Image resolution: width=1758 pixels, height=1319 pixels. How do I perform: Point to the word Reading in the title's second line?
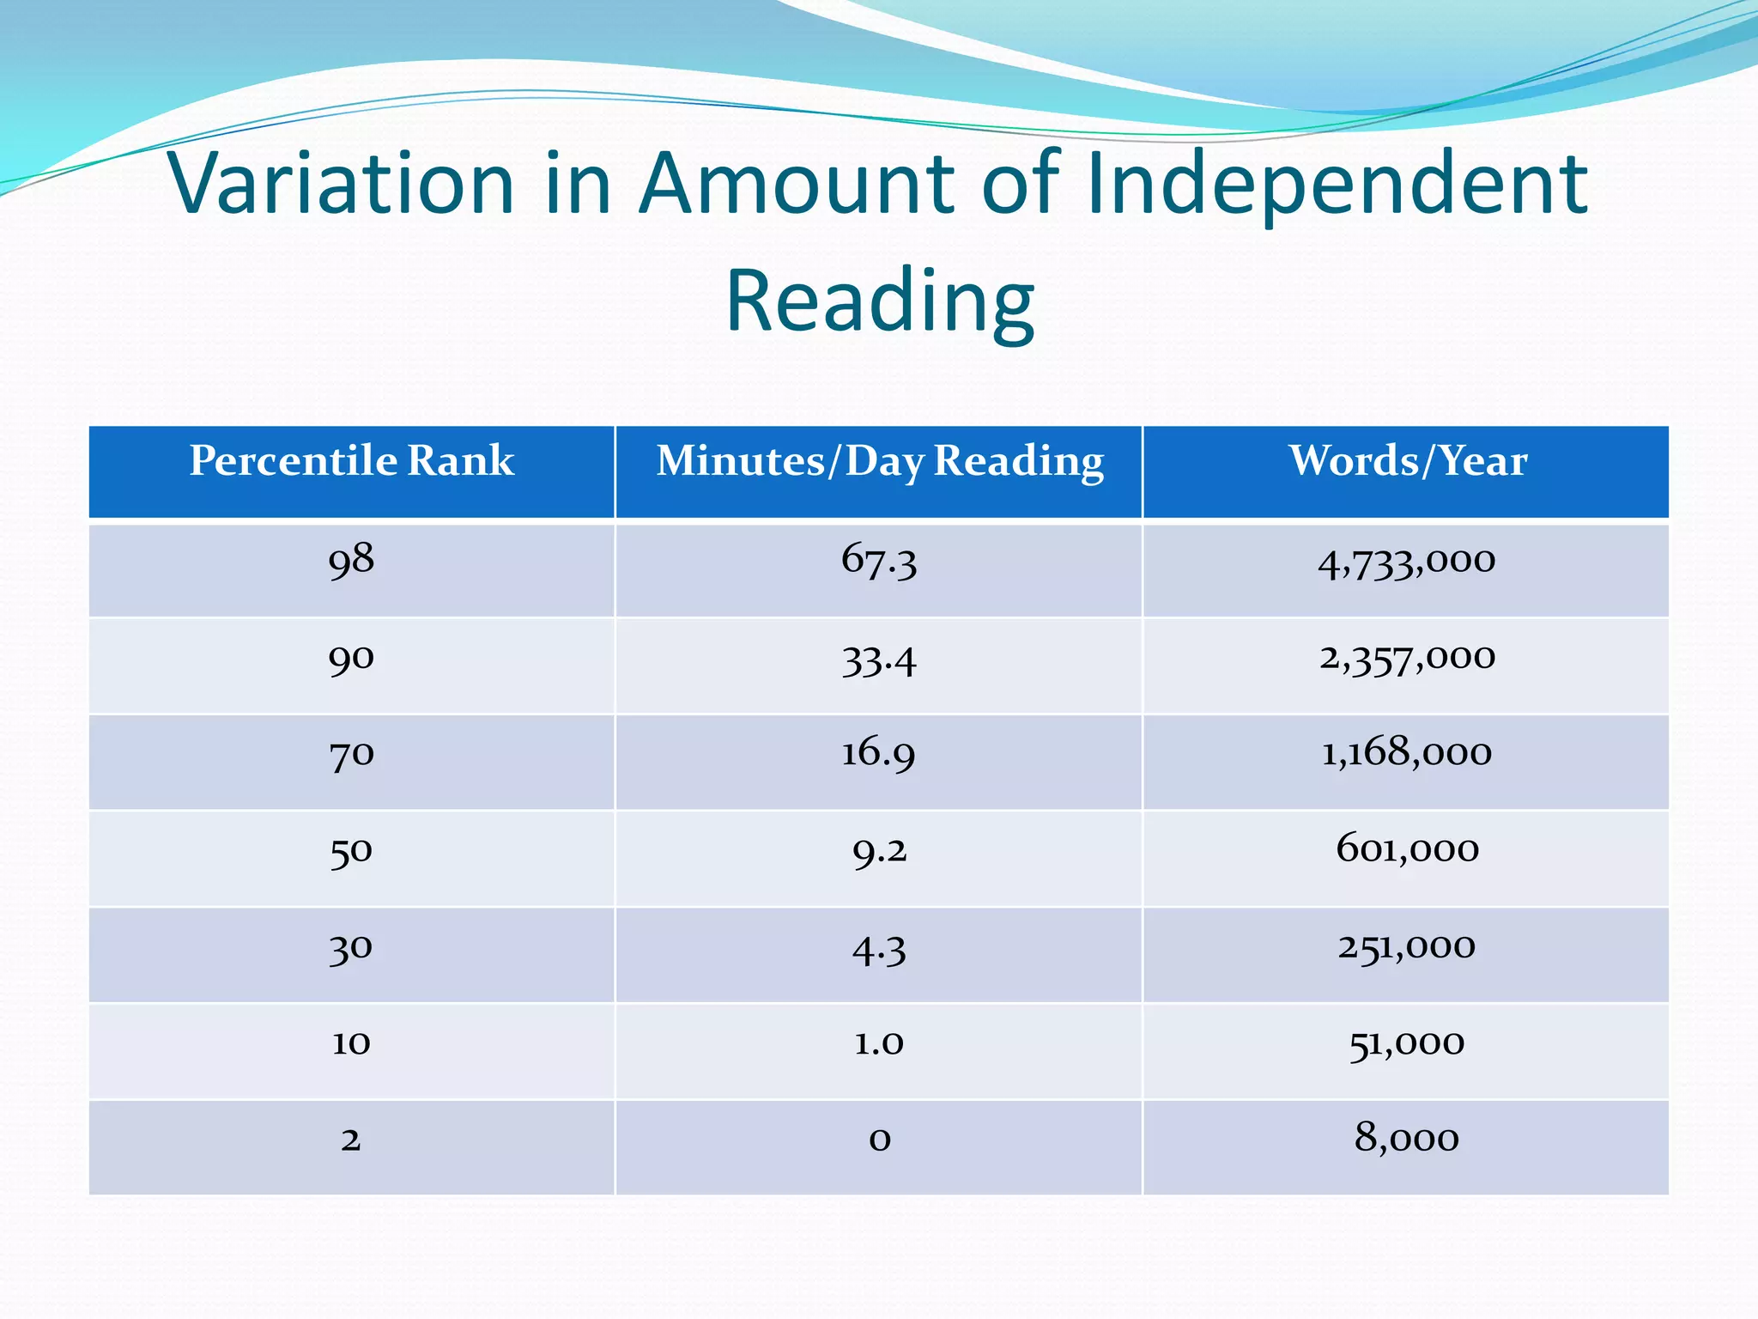pyautogui.click(x=880, y=300)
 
